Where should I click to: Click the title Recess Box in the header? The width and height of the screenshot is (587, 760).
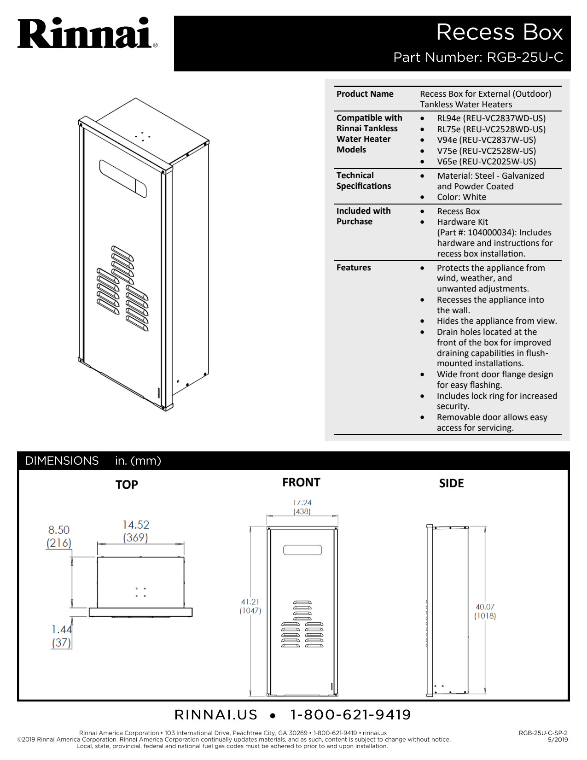coord(499,32)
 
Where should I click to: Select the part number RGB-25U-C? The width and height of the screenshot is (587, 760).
coord(525,57)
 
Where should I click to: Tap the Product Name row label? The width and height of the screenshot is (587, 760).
coord(365,94)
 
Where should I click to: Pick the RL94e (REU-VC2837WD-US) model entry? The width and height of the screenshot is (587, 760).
coord(491,118)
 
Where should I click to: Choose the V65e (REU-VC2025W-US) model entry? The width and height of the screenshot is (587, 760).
coord(486,162)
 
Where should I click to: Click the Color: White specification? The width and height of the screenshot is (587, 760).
coord(461,197)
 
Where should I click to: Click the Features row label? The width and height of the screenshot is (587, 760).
coord(354,268)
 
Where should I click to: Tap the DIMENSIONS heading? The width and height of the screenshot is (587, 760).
coord(62,461)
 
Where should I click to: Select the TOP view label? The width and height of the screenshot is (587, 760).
coord(127,485)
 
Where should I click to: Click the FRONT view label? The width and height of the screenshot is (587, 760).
coord(301,482)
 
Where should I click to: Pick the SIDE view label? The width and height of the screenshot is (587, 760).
coord(451,483)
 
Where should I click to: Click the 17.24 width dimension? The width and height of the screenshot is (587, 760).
coord(302,503)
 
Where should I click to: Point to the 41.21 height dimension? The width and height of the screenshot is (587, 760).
coord(250,602)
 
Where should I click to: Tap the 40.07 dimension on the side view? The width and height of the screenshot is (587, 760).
coord(485,607)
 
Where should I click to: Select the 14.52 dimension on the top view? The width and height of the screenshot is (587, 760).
coord(136,525)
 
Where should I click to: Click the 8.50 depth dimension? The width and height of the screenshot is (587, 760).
coord(59,530)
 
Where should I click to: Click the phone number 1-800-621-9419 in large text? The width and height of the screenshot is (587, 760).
coord(350,714)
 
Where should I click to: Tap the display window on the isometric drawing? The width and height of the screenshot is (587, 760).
coord(123,179)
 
